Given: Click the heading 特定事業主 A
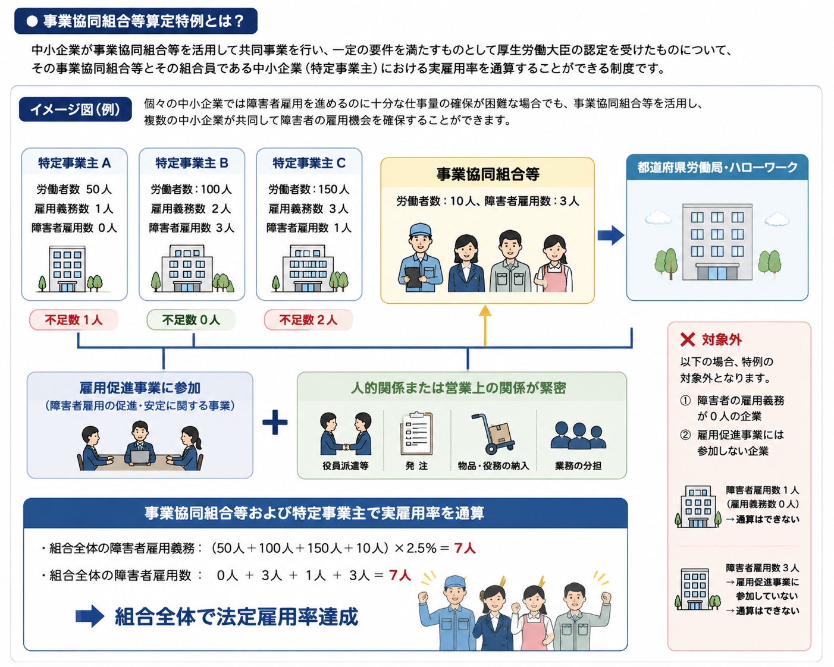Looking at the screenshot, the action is coord(74,163).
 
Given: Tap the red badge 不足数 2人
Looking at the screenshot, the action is coord(309,320).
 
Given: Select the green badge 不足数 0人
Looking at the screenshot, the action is coord(191,320).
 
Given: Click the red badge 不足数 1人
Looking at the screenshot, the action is coord(74,320).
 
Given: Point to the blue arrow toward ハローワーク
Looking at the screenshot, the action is coord(611,235).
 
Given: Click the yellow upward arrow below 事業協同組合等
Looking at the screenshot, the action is coord(485,325).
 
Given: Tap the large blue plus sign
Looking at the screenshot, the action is coord(275,422).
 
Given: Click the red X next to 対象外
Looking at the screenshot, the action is coord(688,339).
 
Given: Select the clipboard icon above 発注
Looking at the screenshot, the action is coord(416,434).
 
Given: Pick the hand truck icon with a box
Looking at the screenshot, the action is coord(493,434).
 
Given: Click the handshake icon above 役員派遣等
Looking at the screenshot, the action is coord(346,434).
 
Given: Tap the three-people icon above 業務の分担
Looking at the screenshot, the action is coord(578,435).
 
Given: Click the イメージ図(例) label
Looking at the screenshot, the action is coord(75,109).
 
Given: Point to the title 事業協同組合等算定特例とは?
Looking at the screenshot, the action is coord(143,21).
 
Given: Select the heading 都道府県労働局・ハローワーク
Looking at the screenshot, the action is coord(717,167).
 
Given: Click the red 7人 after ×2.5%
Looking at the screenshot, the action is coord(465,548).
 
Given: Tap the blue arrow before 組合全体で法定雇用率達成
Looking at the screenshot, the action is coord(89,616).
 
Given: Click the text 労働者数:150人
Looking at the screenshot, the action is coord(309,190).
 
